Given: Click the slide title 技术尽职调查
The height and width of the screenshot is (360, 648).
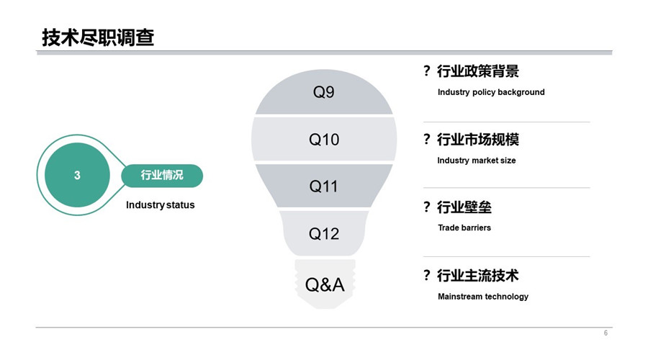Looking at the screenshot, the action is point(98,37).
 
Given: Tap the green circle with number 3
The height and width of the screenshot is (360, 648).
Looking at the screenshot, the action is point(77,175).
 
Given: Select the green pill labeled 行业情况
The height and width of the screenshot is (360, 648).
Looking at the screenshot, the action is point(162,175).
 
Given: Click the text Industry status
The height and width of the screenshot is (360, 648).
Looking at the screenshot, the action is point(161,205).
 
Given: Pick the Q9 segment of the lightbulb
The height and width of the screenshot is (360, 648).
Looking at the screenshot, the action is point(324,91).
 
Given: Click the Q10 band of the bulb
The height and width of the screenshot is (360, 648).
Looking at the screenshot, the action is point(324,139).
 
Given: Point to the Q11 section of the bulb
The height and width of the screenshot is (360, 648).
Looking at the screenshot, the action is point(324,186).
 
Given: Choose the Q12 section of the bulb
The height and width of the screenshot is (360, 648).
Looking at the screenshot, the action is point(324,233).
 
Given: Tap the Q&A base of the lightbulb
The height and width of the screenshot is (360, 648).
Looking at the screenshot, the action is point(325,284).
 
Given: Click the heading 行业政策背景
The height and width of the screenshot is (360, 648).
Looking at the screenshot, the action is point(478,71).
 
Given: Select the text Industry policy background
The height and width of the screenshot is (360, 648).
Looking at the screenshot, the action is point(491,92).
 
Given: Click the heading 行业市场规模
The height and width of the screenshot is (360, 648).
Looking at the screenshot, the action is point(478,139).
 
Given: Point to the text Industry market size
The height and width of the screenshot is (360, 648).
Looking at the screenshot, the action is point(477,161).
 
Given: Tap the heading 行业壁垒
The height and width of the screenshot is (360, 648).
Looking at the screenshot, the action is point(464,207).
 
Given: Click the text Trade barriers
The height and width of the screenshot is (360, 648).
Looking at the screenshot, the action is point(464,228).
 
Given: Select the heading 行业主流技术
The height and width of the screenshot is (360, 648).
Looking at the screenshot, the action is point(478,275).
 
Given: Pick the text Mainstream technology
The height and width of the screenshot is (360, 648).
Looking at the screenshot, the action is point(483,297).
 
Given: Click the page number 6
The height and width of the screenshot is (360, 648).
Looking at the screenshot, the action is point(606,333).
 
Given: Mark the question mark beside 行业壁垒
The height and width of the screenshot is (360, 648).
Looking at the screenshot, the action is point(427,207).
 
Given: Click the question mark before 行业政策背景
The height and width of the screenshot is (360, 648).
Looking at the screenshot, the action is point(427,71).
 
